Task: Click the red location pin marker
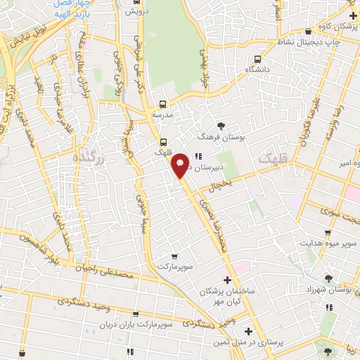(x=181, y=166)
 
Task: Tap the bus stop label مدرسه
(x=163, y=113)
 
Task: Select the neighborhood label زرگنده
(x=88, y=160)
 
